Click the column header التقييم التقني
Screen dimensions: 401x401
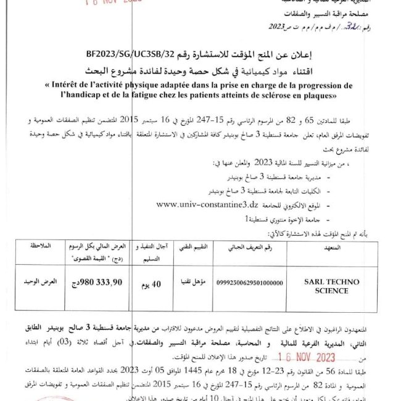pos(192,246)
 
